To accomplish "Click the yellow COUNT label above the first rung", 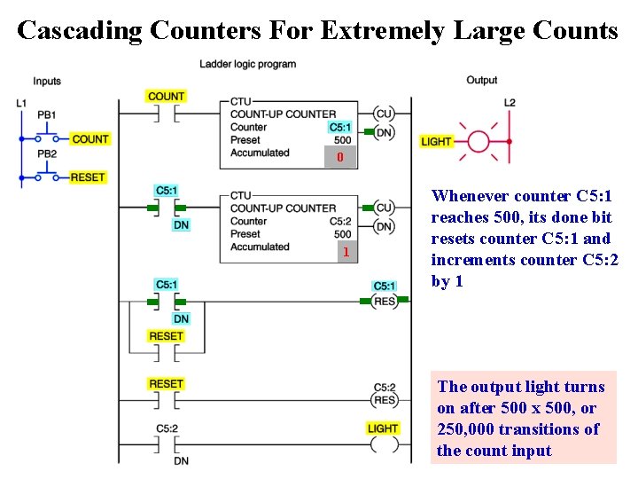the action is click(166, 96).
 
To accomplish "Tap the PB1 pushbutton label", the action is click(47, 114).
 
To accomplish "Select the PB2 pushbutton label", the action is click(47, 153).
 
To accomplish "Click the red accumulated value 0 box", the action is click(339, 158).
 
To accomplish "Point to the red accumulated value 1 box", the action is click(346, 253).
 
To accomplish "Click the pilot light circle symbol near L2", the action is click(478, 140).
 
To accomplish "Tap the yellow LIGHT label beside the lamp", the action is click(436, 141).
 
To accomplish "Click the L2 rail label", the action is click(510, 103).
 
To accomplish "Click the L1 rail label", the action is click(21, 103).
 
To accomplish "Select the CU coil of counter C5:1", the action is click(384, 114).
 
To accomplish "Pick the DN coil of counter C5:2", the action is click(384, 226).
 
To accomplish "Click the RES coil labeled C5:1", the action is click(384, 301).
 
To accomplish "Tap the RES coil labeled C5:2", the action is click(384, 400).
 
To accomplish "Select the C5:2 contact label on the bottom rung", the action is click(167, 429).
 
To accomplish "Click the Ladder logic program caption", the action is click(247, 64).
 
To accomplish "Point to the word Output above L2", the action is click(482, 80).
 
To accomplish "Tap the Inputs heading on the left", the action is click(47, 81).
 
